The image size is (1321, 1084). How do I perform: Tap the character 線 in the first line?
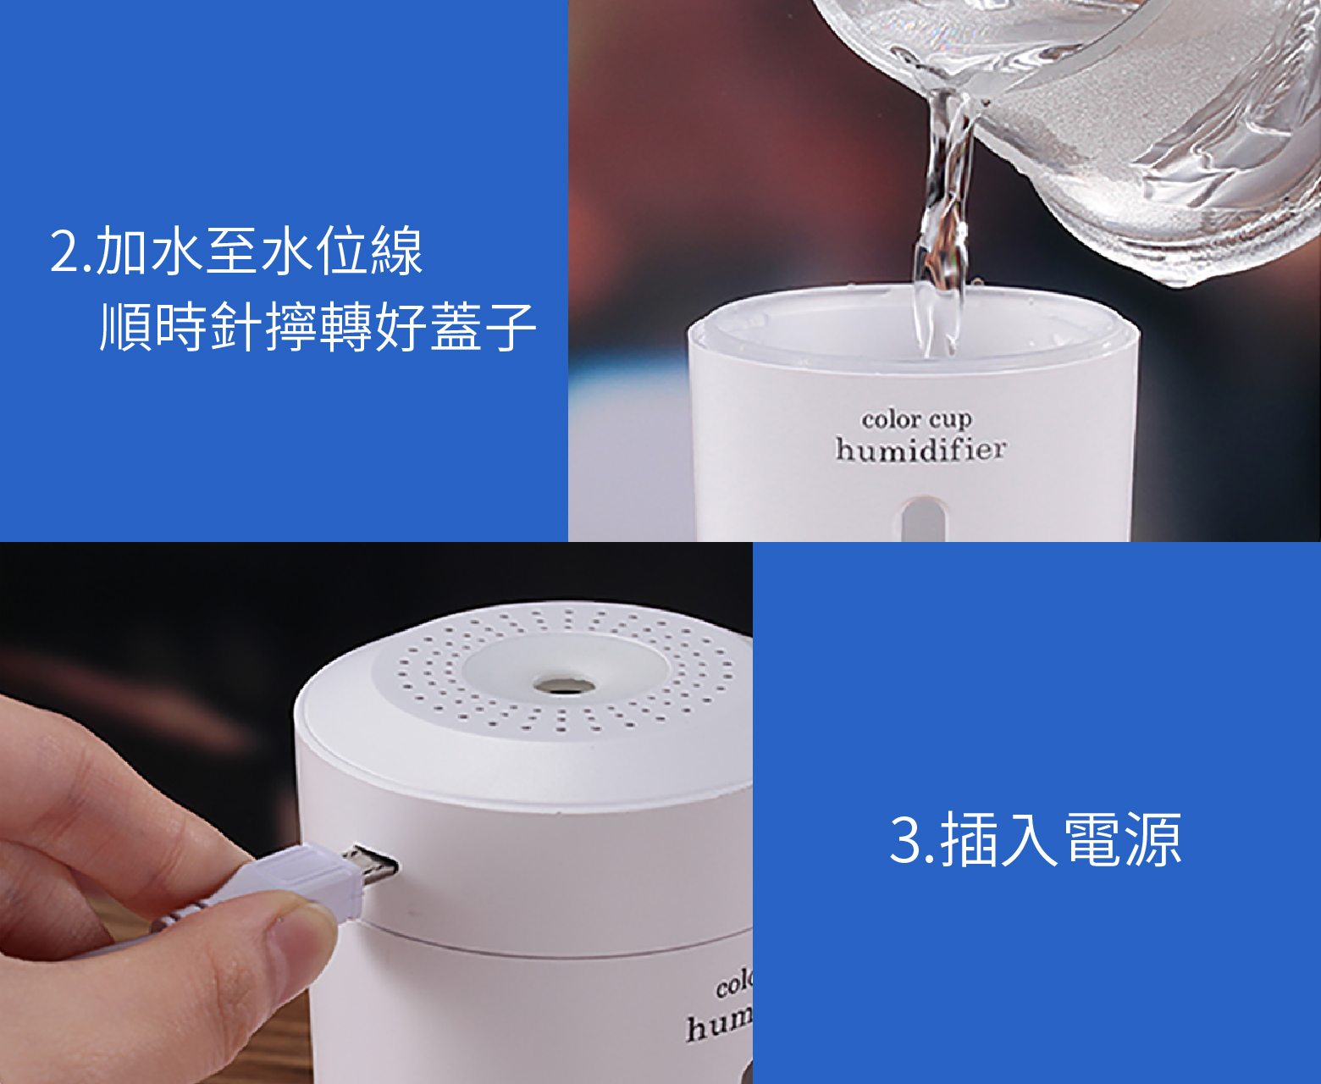397,251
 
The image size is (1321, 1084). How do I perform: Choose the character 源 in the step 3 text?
1154,839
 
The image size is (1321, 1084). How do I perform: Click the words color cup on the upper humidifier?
916,419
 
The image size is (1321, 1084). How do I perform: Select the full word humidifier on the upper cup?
920,449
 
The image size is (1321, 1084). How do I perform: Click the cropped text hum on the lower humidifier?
719,1026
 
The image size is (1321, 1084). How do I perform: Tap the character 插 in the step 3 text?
969,839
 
